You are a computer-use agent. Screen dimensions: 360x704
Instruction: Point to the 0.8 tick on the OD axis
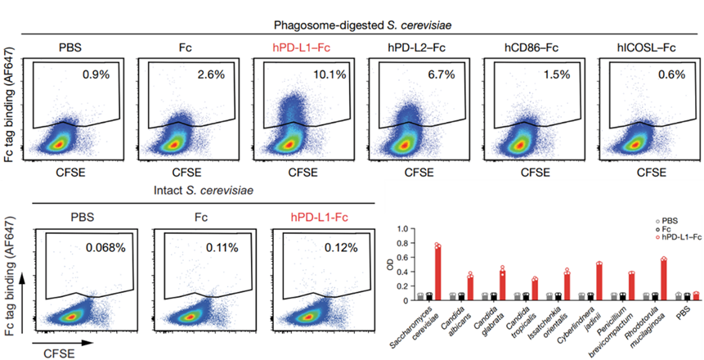click(398, 242)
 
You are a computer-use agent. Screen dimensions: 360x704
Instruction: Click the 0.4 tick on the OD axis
click(398, 271)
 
